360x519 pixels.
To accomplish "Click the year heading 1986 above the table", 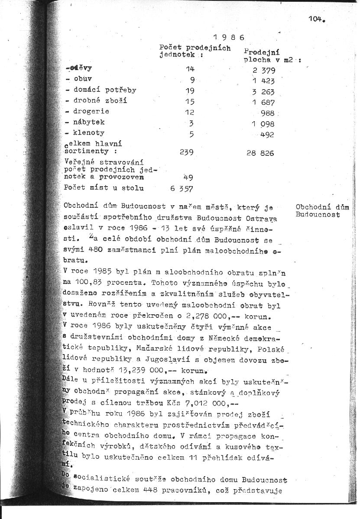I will pos(229,37).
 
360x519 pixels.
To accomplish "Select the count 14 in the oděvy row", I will pos(191,69).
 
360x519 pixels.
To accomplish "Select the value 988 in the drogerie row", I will pos(268,113).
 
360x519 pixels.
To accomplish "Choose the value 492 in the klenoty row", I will pos(268,135).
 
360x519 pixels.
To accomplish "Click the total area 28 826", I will pos(260,153).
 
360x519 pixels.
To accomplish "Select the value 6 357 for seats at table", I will pos(182,188).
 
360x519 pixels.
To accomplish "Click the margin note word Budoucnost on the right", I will pos(318,214).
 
